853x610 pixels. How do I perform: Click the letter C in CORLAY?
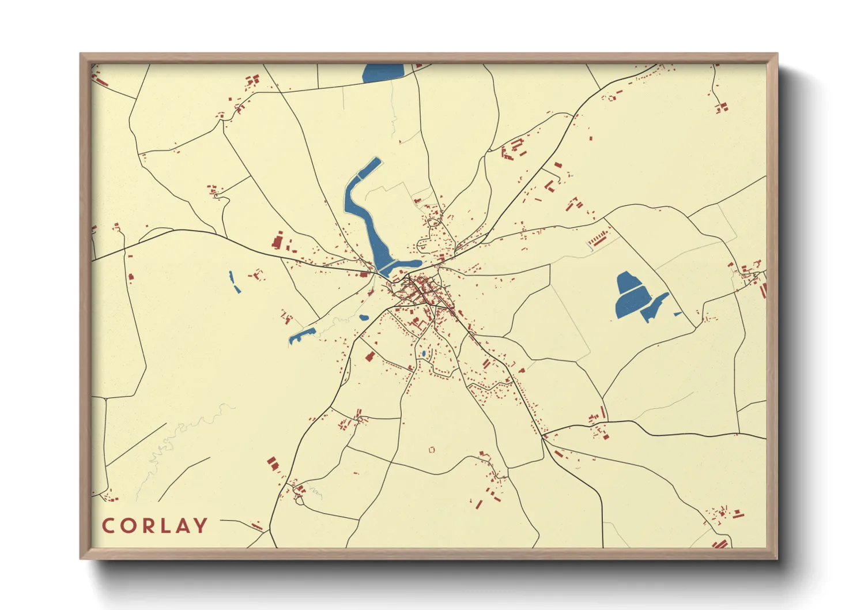pos(108,526)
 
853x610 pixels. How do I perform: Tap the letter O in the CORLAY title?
pos(129,526)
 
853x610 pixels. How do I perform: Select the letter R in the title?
pos(148,526)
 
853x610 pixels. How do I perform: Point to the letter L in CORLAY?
pos(167,526)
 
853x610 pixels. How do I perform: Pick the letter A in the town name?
pos(183,526)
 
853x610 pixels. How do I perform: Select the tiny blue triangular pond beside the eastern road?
pos(678,314)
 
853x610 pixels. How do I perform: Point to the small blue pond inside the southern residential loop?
pos(424,353)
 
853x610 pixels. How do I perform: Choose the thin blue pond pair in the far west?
pos(234,282)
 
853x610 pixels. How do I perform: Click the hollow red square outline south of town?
pos(432,450)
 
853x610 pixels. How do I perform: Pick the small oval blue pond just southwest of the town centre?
pos(364,317)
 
